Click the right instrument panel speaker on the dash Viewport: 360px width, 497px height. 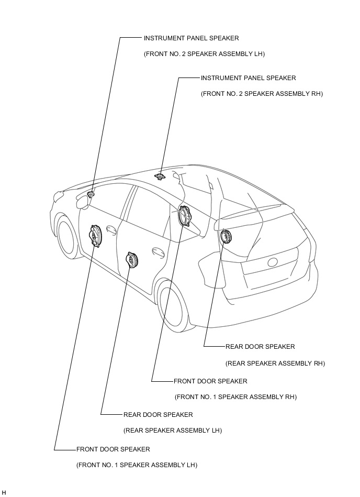(x=160, y=176)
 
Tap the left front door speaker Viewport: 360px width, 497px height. (x=96, y=237)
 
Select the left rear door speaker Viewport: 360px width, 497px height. (x=132, y=259)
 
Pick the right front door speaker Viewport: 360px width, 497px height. (x=185, y=216)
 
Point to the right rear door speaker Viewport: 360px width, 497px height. (x=226, y=237)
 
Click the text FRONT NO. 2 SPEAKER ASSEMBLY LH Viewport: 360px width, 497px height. (x=205, y=54)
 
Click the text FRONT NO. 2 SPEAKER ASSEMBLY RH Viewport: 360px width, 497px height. (x=262, y=94)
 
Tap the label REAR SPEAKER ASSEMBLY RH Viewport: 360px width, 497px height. (x=275, y=363)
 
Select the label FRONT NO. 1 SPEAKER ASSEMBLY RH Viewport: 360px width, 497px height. (x=235, y=397)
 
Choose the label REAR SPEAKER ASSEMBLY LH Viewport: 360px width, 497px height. (x=173, y=430)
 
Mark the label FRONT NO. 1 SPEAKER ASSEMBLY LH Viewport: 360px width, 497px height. (x=137, y=465)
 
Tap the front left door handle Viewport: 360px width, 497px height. (x=111, y=229)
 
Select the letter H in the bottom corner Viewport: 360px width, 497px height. (x=4, y=493)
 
